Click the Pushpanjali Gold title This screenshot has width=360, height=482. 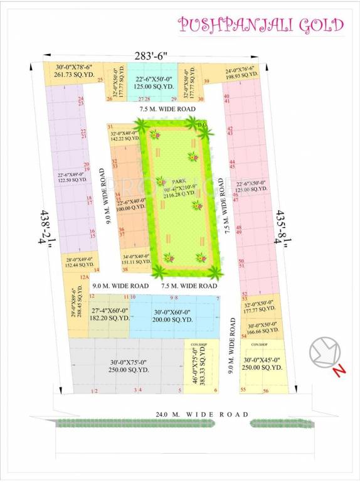(260, 24)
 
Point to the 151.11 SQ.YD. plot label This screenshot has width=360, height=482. (135, 261)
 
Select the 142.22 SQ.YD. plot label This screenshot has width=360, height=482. (123, 139)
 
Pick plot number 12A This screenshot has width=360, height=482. (85, 277)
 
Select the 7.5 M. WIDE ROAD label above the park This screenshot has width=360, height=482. (166, 109)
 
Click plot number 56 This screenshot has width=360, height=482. (266, 391)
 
